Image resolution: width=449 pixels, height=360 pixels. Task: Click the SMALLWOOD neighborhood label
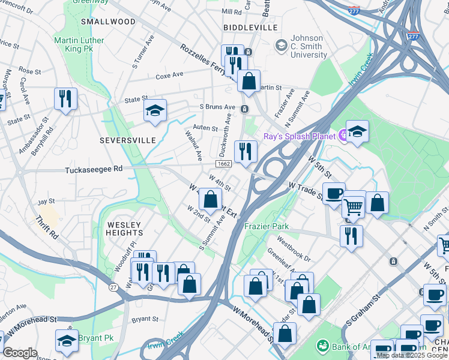[108, 22]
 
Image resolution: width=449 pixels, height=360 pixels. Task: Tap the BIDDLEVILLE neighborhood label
[250, 28]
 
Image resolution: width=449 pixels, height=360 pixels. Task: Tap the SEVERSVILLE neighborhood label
[127, 140]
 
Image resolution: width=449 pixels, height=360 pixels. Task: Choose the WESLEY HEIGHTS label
[125, 228]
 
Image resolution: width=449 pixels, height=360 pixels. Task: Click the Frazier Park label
[267, 226]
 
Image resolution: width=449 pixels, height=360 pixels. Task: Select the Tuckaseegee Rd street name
[94, 170]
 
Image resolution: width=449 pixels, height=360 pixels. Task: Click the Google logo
[20, 353]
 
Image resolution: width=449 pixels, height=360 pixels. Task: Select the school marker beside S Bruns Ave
[155, 110]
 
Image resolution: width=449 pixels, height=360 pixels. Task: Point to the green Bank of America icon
[324, 346]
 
